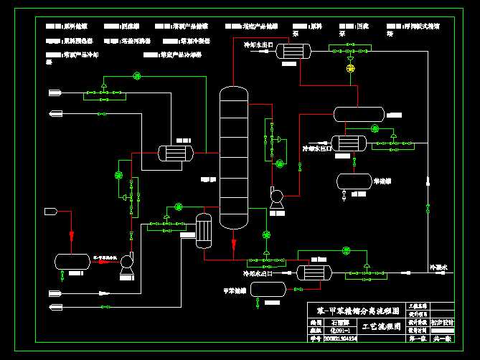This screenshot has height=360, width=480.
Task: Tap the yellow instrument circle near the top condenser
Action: click(x=350, y=68)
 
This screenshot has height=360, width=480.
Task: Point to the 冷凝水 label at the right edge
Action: click(x=438, y=267)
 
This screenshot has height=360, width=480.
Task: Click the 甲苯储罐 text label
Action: click(x=234, y=290)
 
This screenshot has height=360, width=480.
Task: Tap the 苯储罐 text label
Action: click(x=382, y=181)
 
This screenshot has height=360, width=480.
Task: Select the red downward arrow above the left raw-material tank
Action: click(x=71, y=235)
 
